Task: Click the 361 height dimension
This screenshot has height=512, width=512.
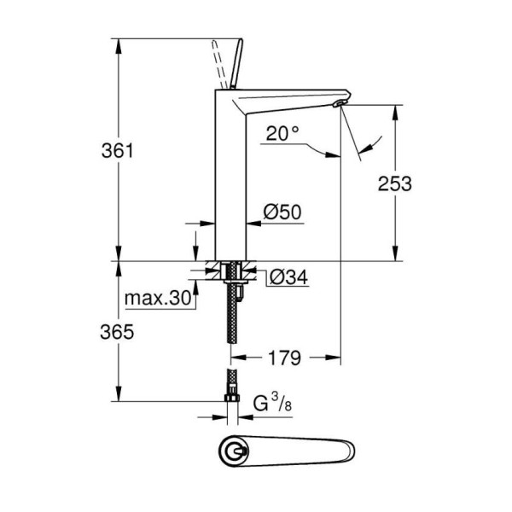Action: pos(118,151)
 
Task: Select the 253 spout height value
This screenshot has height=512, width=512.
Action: pos(395,183)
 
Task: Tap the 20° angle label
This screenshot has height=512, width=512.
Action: pos(282,133)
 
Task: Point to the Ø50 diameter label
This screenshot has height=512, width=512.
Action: pos(282,212)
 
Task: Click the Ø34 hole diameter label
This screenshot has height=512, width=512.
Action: pos(289,277)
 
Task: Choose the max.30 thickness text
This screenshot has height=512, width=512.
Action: pos(158,298)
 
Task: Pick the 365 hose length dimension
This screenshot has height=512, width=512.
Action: pos(117,332)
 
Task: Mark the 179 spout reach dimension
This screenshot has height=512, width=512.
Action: pos(284,358)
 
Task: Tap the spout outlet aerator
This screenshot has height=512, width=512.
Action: pos(339,104)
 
